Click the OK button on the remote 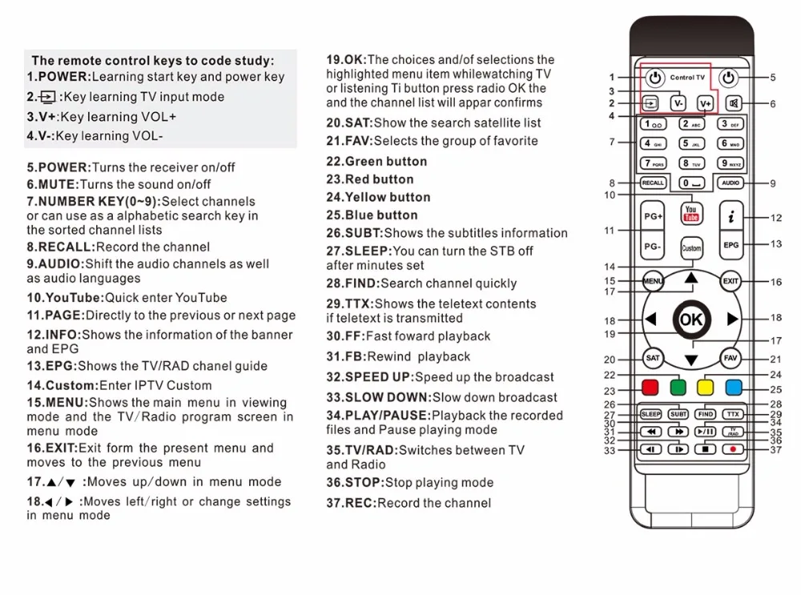[690, 319]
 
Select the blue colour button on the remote [733, 388]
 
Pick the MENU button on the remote [654, 281]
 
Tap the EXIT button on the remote [731, 281]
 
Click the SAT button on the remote [653, 359]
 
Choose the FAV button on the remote [730, 359]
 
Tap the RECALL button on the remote [653, 183]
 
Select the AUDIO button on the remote [730, 183]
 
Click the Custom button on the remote [690, 247]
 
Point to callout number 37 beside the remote [775, 450]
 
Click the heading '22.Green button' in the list [376, 162]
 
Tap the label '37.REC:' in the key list [351, 504]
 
